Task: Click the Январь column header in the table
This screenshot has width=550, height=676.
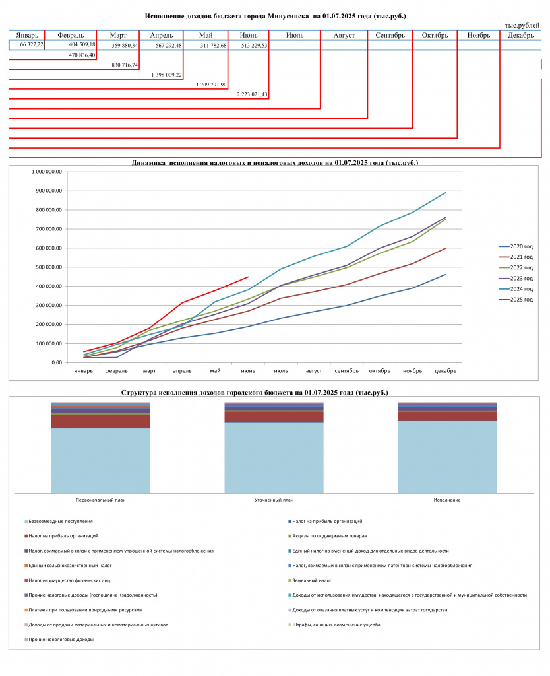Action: (x=26, y=36)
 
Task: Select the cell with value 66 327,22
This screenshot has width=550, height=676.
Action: (x=32, y=44)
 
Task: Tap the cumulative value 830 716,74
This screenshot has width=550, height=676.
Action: (x=125, y=65)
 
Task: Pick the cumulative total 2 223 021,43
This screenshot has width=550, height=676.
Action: (x=252, y=94)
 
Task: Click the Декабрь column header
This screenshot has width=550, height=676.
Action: (x=520, y=36)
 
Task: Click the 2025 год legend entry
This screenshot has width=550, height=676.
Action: (x=516, y=300)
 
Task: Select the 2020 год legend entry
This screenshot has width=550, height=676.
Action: (x=516, y=247)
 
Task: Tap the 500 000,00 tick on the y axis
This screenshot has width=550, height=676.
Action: (x=49, y=267)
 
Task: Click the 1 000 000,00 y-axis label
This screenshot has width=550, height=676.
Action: (x=47, y=172)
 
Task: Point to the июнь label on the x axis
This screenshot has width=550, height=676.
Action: (x=248, y=371)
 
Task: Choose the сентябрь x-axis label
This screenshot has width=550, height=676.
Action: (x=347, y=371)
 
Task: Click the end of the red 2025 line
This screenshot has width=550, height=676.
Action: (x=248, y=277)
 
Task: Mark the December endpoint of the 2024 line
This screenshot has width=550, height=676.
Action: (x=445, y=193)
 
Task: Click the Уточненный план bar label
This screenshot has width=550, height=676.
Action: (x=274, y=500)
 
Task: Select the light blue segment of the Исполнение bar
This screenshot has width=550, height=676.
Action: (x=447, y=457)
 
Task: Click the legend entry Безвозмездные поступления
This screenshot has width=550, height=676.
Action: (x=59, y=522)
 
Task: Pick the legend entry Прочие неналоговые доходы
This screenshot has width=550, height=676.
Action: (x=59, y=640)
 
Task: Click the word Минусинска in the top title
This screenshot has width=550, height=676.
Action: (x=288, y=17)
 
